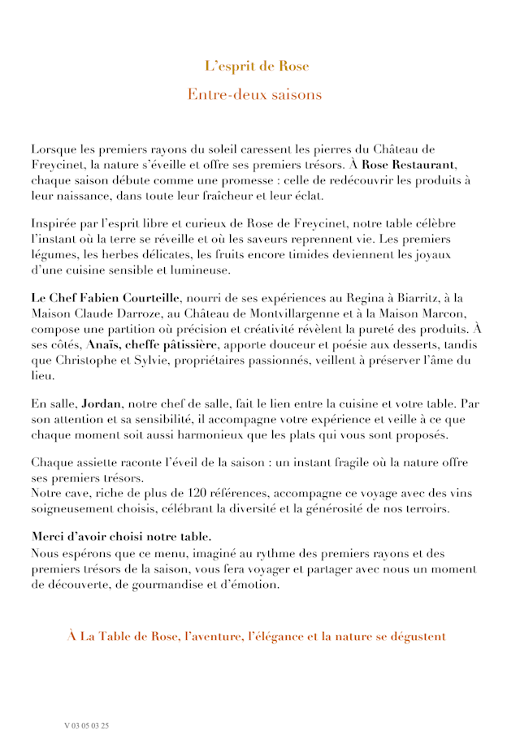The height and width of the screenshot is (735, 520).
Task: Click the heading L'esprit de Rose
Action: coord(257,67)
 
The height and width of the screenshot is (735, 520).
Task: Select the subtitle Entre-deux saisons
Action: coord(254,95)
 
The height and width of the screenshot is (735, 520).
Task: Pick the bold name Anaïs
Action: coord(103,344)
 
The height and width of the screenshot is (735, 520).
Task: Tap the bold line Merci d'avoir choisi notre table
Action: coord(122,537)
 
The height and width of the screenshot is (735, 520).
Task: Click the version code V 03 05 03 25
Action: coord(86,724)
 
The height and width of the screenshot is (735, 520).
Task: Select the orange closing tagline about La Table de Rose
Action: coord(257,636)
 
